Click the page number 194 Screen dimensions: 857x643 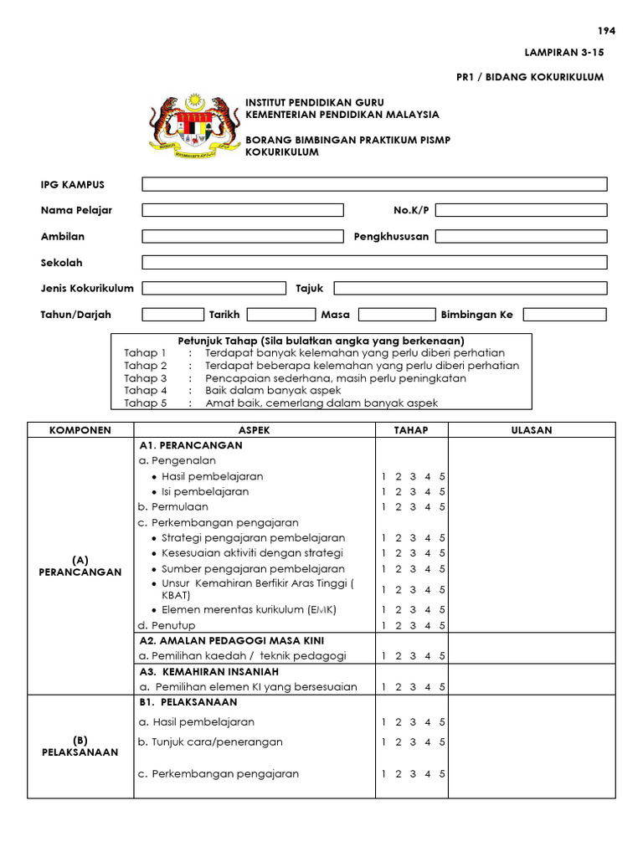point(607,31)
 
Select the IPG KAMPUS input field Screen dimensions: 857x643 point(374,184)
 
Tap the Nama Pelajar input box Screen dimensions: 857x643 point(243,210)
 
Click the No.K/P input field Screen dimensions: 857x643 point(521,210)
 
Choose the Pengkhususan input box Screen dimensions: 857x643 point(521,236)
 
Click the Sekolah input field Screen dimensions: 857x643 point(374,262)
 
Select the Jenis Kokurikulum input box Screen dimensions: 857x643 point(213,288)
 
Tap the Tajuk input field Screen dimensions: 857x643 point(471,288)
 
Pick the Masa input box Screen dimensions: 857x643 point(398,315)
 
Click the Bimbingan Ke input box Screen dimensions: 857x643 point(564,315)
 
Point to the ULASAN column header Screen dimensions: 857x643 point(532,430)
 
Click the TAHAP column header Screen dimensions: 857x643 point(411,430)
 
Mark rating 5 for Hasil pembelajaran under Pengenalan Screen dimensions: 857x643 point(442,477)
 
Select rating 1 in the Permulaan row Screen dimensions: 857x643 point(383,507)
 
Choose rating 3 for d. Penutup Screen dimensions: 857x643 point(413,625)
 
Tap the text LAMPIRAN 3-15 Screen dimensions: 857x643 point(563,52)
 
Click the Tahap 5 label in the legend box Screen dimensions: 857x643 point(146,403)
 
